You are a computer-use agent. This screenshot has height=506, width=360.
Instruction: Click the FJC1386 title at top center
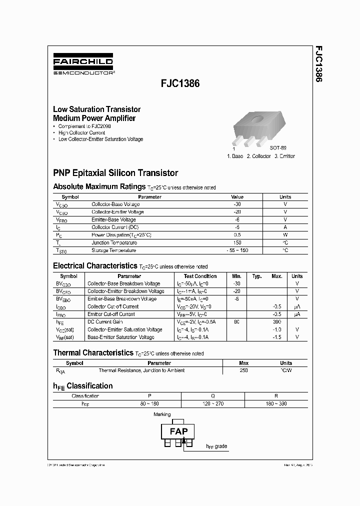[x=179, y=84]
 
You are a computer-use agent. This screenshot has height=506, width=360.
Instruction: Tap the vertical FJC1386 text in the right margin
[x=318, y=64]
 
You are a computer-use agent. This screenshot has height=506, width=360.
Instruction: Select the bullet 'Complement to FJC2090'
[x=84, y=126]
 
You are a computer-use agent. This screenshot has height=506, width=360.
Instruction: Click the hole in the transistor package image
[x=258, y=119]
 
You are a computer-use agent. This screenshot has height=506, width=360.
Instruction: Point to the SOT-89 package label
[x=278, y=148]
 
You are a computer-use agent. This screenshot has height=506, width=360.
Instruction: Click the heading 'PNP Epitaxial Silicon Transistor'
[x=115, y=173]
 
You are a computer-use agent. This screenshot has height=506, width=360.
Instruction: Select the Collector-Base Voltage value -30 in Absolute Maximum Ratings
[x=237, y=204]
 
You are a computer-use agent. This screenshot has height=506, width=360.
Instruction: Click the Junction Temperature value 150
[x=237, y=242]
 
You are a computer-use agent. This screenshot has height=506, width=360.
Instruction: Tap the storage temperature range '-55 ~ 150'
[x=237, y=250]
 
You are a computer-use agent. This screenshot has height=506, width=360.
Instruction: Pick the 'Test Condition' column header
[x=200, y=276]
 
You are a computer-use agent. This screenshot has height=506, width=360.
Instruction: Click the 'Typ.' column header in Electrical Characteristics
[x=257, y=276]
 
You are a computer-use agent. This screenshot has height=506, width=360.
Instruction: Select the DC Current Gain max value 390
[x=277, y=322]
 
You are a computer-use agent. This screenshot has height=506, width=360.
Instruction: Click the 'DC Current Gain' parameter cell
[x=104, y=322]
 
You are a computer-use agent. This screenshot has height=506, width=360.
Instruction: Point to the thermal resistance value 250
[x=244, y=370]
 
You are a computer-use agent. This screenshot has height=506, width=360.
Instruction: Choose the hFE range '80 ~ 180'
[x=149, y=403]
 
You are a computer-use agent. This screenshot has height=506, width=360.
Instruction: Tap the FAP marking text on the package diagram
[x=178, y=431]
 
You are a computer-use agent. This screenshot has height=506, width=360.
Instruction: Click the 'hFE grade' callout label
[x=217, y=446]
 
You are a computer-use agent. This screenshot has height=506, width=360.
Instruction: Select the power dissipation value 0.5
[x=237, y=235]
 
